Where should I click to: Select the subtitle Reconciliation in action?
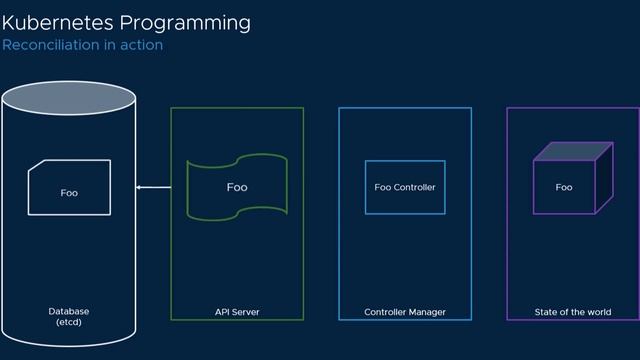click(82, 45)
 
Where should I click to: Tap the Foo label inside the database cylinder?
click(69, 192)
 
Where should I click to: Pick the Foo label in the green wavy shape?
click(237, 187)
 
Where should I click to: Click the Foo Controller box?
click(405, 187)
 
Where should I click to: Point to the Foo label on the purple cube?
click(564, 187)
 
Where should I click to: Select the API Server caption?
click(237, 312)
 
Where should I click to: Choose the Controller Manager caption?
click(405, 312)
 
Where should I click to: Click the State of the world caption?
click(572, 312)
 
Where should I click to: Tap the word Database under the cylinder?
click(69, 311)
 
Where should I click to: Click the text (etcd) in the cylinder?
click(69, 322)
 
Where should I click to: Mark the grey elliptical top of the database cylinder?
click(69, 98)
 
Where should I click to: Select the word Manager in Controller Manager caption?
click(426, 312)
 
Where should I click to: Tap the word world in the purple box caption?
click(597, 312)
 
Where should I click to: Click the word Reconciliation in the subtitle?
click(49, 45)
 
